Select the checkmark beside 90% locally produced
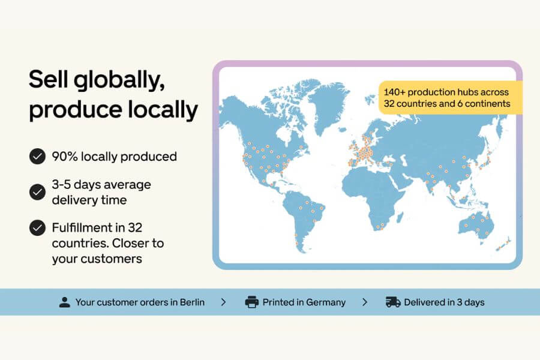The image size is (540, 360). pyautogui.click(x=37, y=157)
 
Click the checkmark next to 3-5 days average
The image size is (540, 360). pyautogui.click(x=37, y=192)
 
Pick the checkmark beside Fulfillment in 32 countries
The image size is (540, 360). pyautogui.click(x=37, y=228)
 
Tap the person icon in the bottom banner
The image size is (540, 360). pyautogui.click(x=65, y=302)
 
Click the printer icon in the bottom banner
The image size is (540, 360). pyautogui.click(x=252, y=302)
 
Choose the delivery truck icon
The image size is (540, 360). pyautogui.click(x=393, y=302)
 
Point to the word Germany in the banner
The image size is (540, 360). pyautogui.click(x=326, y=302)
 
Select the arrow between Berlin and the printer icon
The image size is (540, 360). pyautogui.click(x=224, y=302)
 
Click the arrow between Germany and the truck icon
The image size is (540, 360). pyautogui.click(x=365, y=302)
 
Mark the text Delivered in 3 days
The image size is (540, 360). pyautogui.click(x=444, y=302)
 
